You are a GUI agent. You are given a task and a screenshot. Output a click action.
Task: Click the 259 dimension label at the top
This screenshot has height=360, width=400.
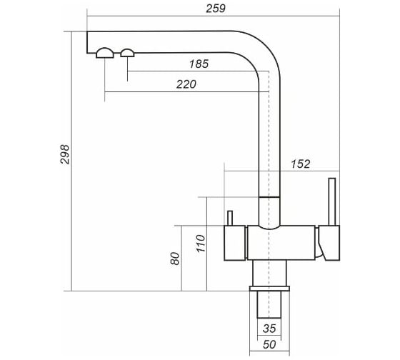pos(216,9)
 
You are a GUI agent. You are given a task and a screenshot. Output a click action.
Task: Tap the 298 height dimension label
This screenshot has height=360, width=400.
pos(65,154)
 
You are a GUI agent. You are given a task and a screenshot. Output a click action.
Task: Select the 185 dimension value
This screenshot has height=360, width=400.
pos(199,64)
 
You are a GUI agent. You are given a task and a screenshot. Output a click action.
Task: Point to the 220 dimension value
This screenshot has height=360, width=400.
pos(186,84)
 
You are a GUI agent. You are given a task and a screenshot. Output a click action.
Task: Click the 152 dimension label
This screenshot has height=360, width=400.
pos(301,164)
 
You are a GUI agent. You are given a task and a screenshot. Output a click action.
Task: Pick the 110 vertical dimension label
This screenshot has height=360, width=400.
pos(201,244)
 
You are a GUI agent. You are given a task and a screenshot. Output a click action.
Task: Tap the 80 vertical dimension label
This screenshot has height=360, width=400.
pos(175,259)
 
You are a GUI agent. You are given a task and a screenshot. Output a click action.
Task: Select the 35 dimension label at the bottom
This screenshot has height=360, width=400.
pos(269,329)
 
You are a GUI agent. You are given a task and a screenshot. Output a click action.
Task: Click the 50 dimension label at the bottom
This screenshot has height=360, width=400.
pos(269,345)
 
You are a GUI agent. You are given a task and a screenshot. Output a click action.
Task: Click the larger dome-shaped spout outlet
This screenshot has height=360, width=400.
pos(105,53)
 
